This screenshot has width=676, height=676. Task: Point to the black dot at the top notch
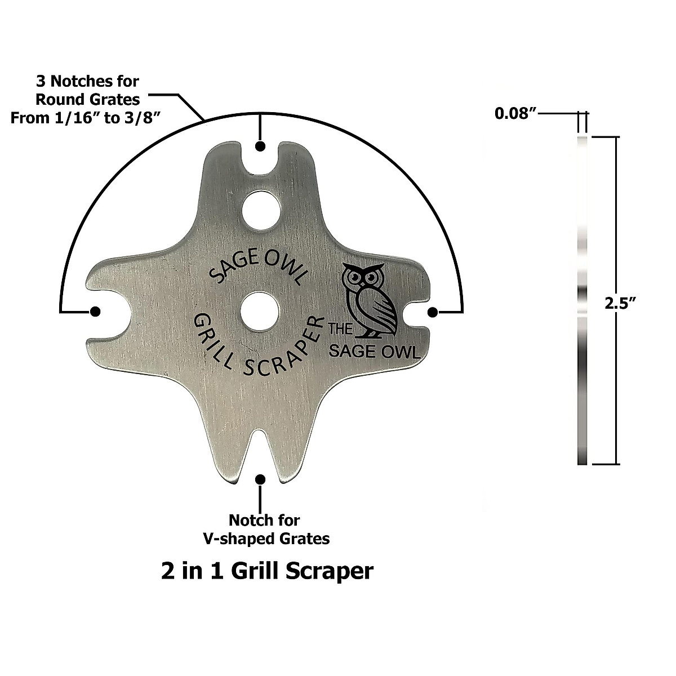[260, 146]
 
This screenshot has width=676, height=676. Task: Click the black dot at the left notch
[95, 311]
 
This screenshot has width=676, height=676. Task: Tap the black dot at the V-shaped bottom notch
[260, 479]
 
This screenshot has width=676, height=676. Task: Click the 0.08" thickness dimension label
[515, 114]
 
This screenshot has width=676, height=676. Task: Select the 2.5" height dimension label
[620, 304]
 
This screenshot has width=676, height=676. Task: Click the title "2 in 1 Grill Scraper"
[267, 571]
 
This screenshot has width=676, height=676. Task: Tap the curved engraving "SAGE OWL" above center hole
[259, 268]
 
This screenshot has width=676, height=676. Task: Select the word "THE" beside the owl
[340, 328]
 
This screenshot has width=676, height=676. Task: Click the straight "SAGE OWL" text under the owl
[374, 352]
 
